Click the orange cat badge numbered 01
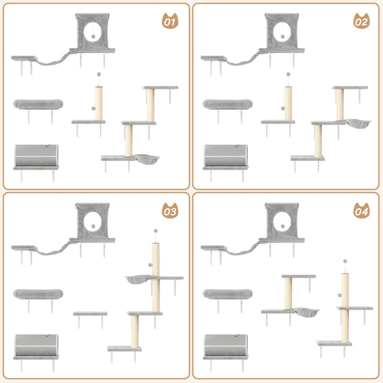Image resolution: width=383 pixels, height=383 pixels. click(170, 22)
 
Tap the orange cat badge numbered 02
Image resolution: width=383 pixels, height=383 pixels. click(361, 22)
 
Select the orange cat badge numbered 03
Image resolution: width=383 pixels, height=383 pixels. click(170, 211)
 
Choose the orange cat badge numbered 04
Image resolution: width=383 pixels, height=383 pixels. click(361, 211)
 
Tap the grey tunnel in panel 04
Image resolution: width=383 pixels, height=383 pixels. click(226, 345)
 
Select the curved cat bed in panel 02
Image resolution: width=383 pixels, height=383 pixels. click(226, 104)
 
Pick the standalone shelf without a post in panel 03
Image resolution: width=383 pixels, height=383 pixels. click(90, 314)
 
